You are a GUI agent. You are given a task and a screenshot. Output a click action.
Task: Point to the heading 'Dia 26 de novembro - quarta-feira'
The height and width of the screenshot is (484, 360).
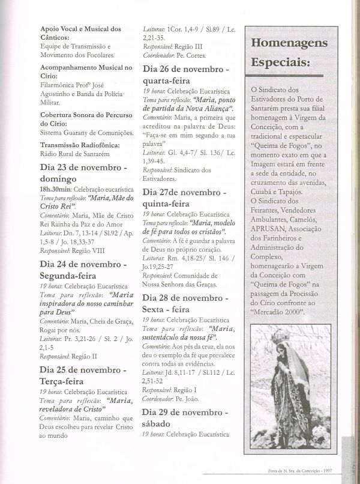185,74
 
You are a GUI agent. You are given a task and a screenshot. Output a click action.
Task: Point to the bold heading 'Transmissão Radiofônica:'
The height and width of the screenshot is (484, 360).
80,145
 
